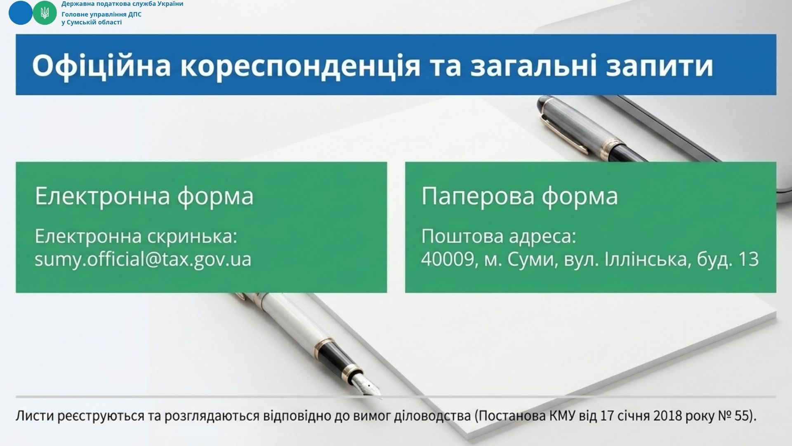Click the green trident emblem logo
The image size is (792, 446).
[x=45, y=13]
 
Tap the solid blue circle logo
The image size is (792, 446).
[x=20, y=13]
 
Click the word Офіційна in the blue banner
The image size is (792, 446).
[x=101, y=66]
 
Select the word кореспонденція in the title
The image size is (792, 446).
[x=300, y=66]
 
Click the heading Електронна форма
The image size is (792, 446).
[x=144, y=196]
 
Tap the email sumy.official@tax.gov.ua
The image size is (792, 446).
[x=143, y=260]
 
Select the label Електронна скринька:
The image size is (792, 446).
[x=136, y=237]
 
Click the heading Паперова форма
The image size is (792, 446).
[x=520, y=196]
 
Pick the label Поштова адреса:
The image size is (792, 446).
[x=498, y=237]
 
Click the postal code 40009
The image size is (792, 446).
[x=447, y=260]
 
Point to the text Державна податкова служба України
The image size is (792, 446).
[x=122, y=4]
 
